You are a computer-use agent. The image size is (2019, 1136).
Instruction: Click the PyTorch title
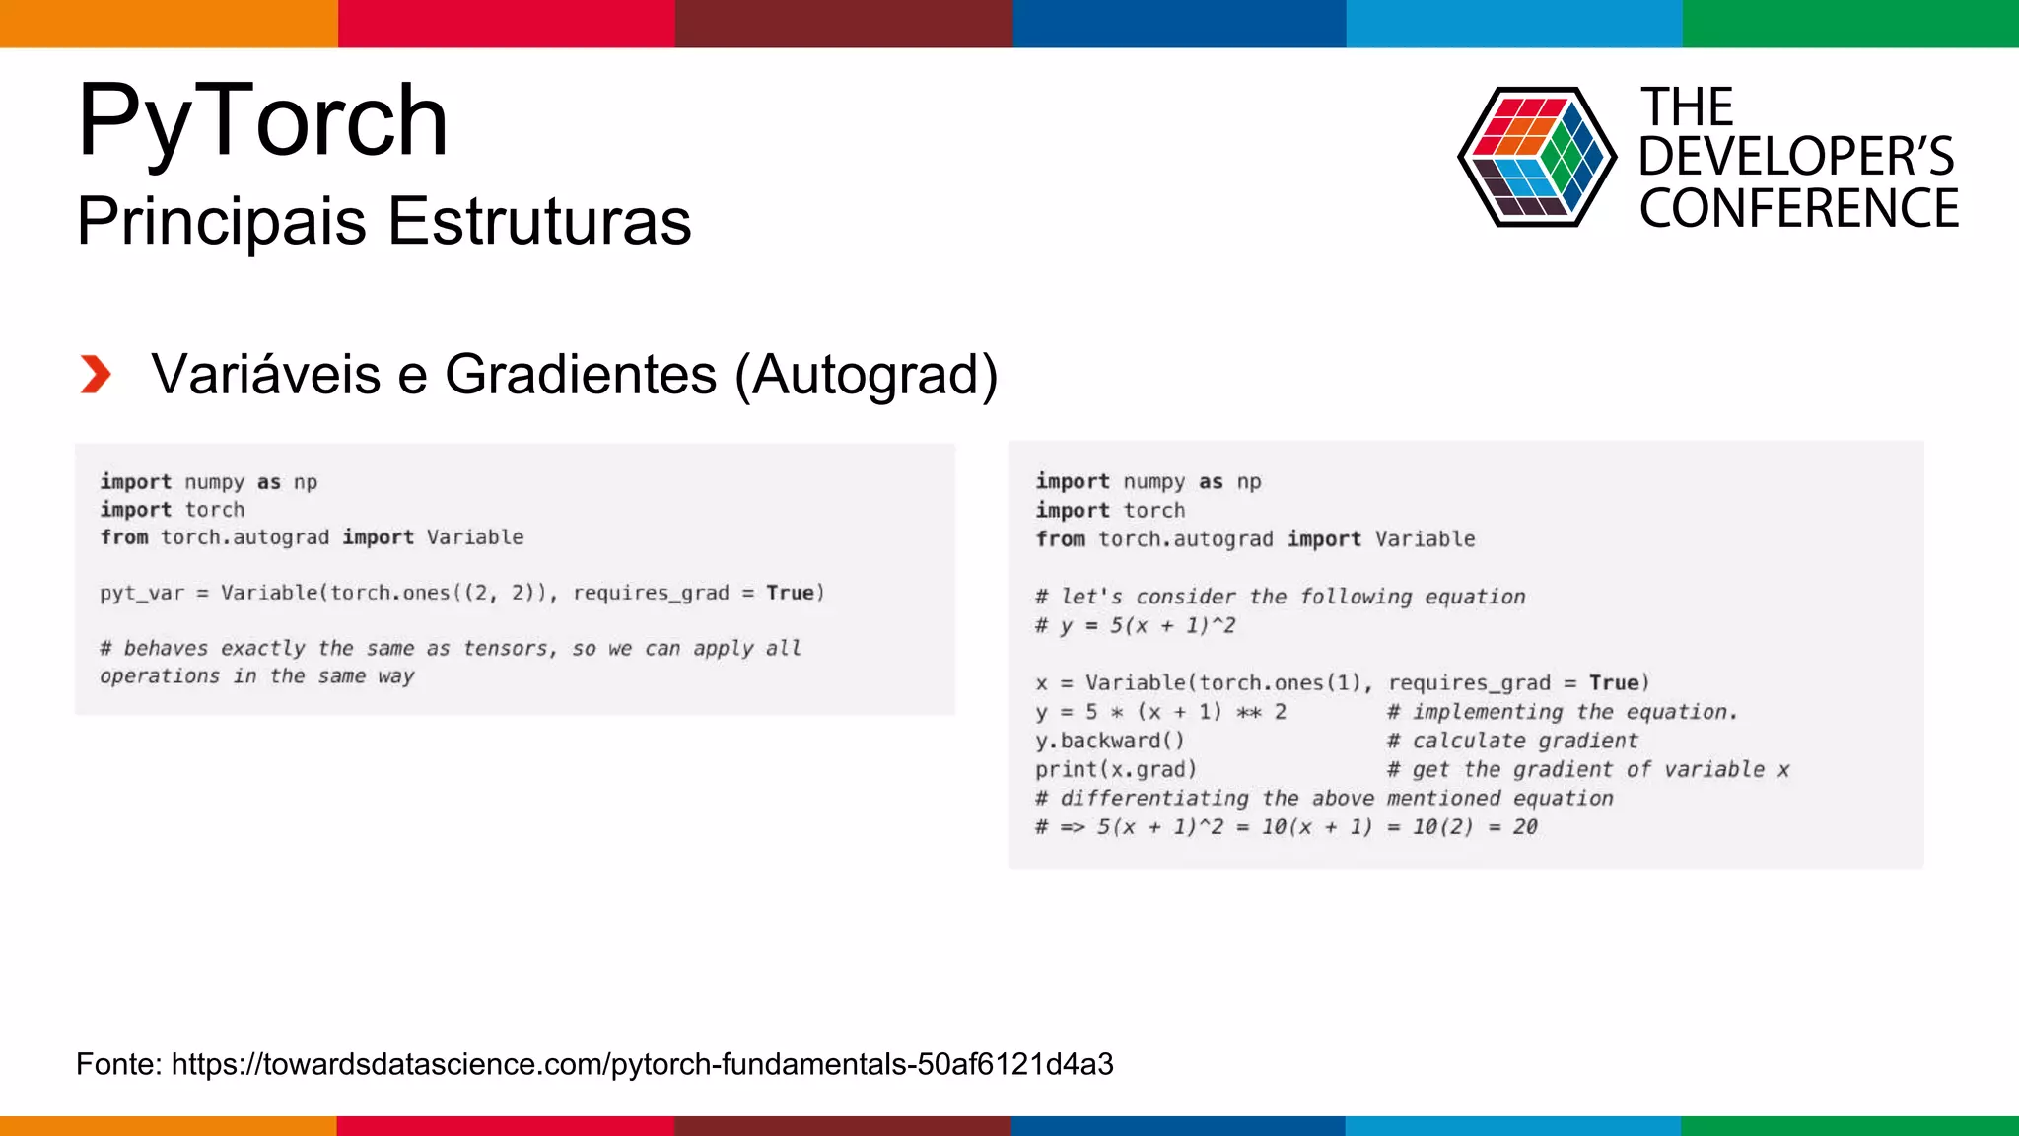point(262,120)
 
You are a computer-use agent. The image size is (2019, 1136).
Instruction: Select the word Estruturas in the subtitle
point(539,221)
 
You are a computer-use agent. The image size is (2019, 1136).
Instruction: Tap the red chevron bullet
point(96,375)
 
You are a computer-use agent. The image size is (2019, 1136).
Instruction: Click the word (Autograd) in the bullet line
point(867,375)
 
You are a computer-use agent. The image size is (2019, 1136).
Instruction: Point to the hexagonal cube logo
point(1536,157)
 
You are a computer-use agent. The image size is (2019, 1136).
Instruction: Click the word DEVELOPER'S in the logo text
point(1796,157)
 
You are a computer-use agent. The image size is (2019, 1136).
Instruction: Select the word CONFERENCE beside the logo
point(1799,209)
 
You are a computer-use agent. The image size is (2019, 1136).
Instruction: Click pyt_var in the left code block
point(142,593)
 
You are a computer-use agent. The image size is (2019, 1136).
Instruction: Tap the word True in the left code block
point(791,593)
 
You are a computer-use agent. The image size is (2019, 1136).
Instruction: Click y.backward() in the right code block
point(1109,741)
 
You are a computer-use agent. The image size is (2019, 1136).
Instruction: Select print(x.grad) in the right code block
point(1116,769)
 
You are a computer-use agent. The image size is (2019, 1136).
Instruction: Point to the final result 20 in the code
point(1525,826)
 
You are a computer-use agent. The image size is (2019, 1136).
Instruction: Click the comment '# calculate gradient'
point(1512,741)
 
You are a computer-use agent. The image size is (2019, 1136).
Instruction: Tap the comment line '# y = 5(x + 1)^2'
point(1135,625)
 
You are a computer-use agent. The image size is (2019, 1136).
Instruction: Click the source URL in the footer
point(642,1064)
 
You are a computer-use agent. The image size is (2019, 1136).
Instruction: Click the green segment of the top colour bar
point(1850,23)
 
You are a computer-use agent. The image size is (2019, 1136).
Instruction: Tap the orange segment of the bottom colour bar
point(168,1125)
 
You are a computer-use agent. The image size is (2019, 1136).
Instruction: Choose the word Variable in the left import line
point(475,537)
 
